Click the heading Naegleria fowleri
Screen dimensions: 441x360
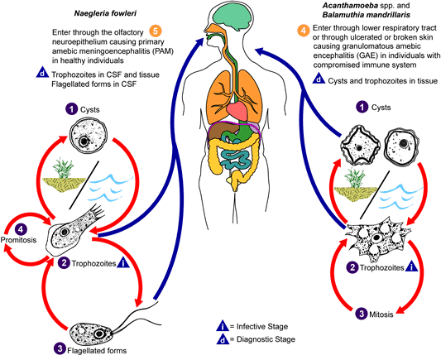click(x=105, y=13)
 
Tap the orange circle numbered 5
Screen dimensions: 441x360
click(x=156, y=31)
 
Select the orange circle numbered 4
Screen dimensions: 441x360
click(x=304, y=30)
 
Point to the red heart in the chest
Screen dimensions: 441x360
click(x=237, y=110)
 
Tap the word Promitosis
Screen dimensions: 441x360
click(x=18, y=240)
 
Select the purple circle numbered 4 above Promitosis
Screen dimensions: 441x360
click(x=20, y=229)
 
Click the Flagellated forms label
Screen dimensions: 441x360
click(x=97, y=351)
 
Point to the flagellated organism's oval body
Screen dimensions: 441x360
click(x=90, y=334)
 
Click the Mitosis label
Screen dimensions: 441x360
click(x=381, y=314)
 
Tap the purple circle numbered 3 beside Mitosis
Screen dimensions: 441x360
click(x=361, y=314)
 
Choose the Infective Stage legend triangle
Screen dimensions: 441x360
click(x=223, y=326)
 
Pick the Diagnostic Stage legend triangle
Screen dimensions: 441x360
click(x=223, y=339)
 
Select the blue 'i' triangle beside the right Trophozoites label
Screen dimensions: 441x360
click(x=412, y=266)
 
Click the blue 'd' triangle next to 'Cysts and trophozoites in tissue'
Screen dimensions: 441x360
click(x=319, y=79)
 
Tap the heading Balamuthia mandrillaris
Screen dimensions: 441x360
click(x=367, y=15)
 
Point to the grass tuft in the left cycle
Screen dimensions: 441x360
click(x=63, y=168)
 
